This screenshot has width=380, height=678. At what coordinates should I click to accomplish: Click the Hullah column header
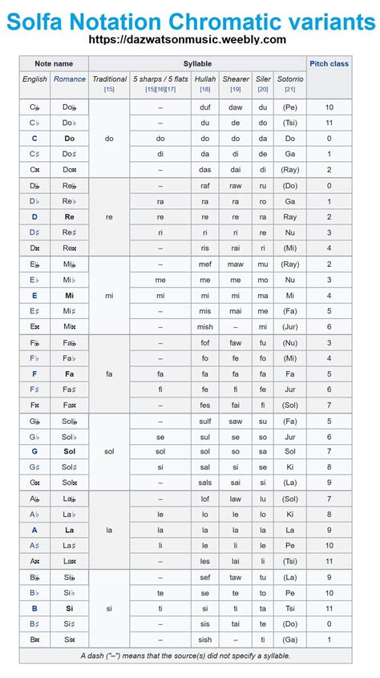coord(205,79)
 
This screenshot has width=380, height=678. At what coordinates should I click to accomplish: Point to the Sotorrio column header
coord(290,79)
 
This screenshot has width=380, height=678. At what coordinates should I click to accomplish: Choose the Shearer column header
coord(236,79)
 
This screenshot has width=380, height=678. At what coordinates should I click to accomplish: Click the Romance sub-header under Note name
coord(70,79)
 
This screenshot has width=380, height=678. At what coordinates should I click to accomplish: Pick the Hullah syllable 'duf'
coord(205,107)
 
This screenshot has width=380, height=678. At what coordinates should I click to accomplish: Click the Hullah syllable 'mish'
coord(205,326)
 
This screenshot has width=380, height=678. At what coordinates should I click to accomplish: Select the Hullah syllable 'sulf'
coord(205,420)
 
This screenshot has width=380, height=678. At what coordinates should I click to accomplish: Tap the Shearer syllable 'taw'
coord(236,577)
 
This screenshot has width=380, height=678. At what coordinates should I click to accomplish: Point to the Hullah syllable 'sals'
coord(205,482)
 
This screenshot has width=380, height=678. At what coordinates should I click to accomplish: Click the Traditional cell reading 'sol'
coord(109,451)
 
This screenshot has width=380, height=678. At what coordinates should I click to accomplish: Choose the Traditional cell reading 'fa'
coord(109,373)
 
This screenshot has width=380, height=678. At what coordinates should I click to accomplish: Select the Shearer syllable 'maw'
coord(236,264)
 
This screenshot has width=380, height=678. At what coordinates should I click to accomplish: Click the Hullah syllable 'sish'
coord(205,640)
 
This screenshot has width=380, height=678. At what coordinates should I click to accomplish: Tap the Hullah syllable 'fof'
coord(205,342)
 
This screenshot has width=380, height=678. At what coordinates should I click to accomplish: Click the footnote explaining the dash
coord(185,656)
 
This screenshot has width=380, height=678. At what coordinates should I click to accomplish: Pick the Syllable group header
coord(197,63)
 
